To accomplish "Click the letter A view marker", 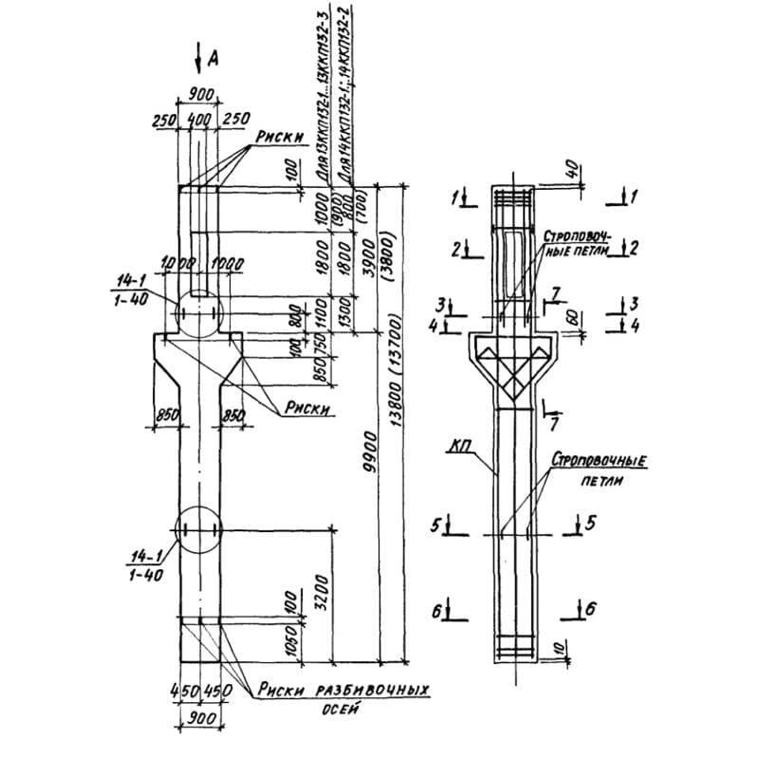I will click(213, 58).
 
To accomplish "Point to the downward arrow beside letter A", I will click(197, 59).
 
